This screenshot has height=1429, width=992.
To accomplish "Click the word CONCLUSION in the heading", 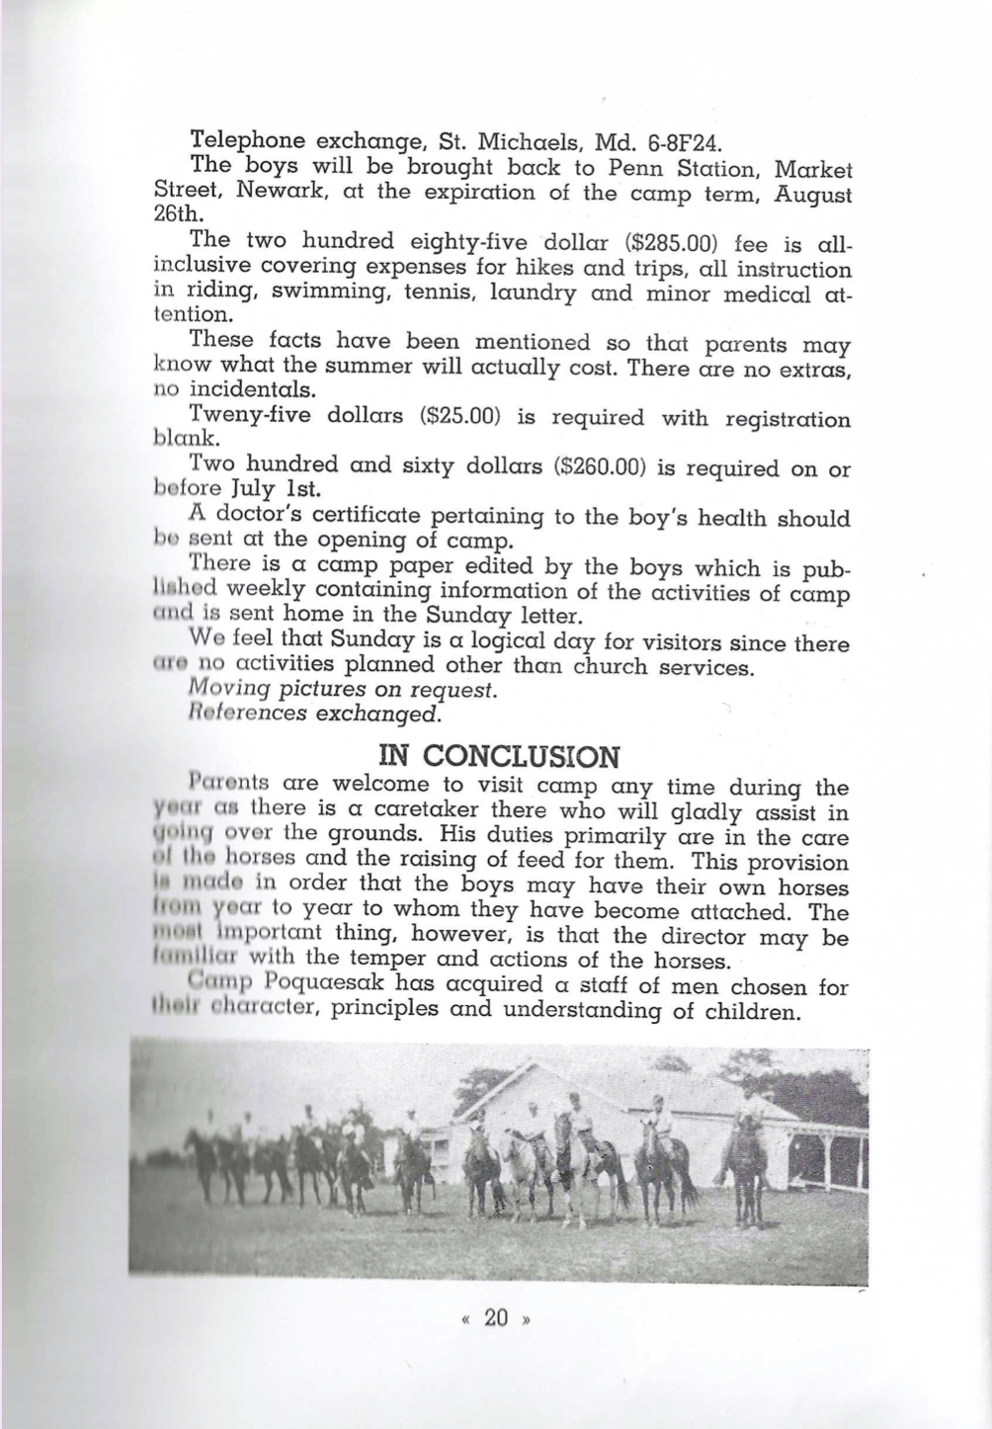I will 519,756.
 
